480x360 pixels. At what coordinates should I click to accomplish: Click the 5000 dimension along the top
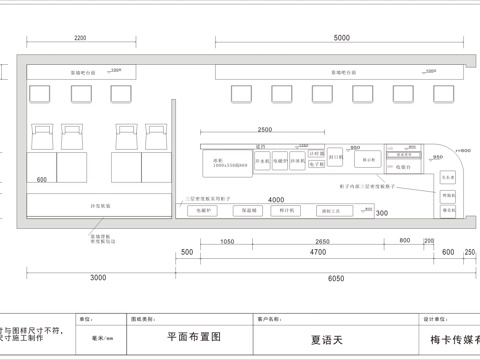343,38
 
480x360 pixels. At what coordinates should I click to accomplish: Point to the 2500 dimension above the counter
264,130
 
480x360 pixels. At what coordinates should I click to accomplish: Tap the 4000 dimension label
276,200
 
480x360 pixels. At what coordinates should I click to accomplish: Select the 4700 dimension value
318,253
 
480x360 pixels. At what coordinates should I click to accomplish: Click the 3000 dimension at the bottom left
97,277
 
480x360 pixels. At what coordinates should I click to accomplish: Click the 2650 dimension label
320,242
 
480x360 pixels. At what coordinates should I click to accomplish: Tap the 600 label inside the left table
42,180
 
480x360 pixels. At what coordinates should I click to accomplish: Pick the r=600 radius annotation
462,149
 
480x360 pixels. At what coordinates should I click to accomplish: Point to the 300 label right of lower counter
381,213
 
